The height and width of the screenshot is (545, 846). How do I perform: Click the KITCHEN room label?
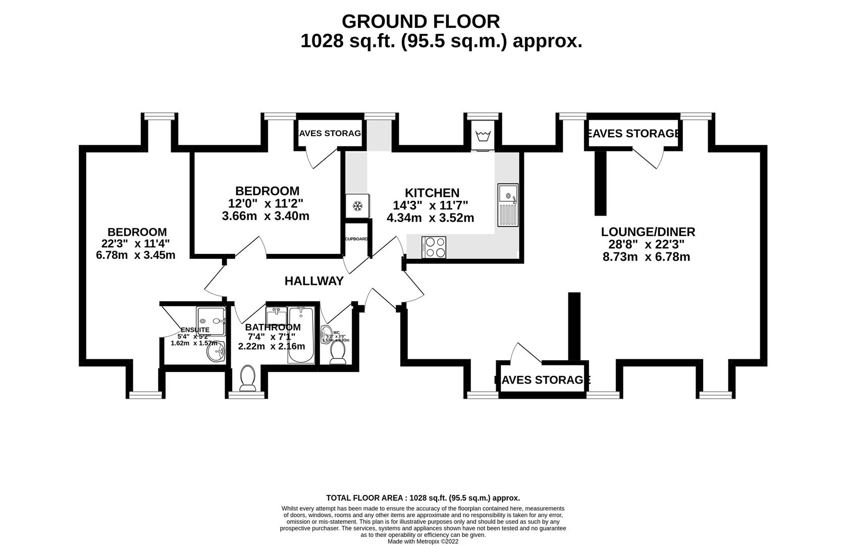(x=432, y=193)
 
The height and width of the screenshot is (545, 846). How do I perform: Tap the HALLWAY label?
(x=314, y=281)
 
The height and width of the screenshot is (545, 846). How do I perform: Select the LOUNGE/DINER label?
(x=648, y=232)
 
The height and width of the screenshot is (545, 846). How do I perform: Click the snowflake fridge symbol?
(x=357, y=206)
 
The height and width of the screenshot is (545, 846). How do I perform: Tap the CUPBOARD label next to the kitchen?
(x=356, y=239)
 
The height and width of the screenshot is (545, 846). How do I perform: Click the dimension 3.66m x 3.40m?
(x=266, y=216)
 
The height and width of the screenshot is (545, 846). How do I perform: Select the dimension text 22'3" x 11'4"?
(x=136, y=243)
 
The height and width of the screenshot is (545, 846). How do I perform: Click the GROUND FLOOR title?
(x=421, y=22)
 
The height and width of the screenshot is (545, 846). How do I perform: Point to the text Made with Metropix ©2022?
(x=422, y=541)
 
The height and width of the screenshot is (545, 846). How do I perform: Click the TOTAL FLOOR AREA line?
(x=423, y=498)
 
